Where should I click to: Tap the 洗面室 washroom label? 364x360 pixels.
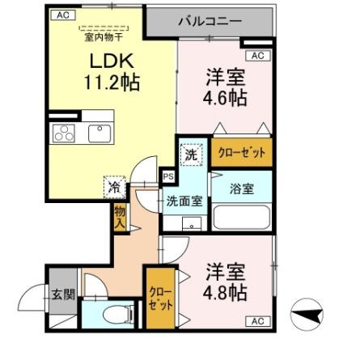185,201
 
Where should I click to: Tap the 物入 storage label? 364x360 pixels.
120,216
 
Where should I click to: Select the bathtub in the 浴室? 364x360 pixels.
240,218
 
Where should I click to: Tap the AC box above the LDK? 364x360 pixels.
62,14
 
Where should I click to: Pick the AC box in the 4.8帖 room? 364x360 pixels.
257,321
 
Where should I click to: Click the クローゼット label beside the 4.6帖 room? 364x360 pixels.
240,152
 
